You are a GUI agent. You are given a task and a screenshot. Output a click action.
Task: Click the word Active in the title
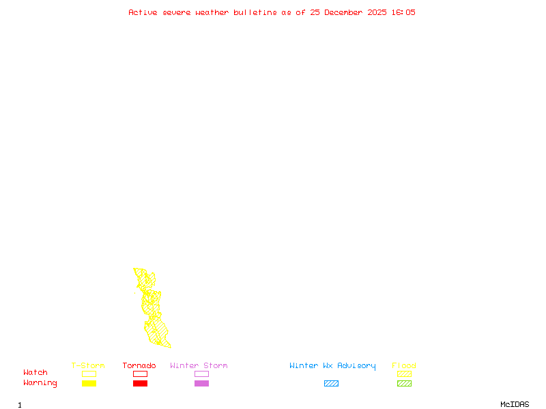pos(143,12)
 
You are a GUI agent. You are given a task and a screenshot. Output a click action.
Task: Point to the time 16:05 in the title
pos(402,12)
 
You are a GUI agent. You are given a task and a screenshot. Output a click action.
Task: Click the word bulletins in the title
pos(255,12)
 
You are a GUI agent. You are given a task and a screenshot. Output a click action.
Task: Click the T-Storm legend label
pos(88,366)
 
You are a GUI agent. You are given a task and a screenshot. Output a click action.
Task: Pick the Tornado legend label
pos(139,366)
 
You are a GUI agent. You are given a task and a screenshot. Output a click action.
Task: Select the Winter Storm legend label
pos(199,366)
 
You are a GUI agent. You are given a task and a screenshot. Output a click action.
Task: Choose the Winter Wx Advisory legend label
pos(332,366)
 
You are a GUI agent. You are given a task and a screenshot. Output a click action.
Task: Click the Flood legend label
pos(404,366)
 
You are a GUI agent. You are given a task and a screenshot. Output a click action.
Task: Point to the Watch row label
pos(35,373)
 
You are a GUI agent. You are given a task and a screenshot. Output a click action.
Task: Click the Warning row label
pos(40,383)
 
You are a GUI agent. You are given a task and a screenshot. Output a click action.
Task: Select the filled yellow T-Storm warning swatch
pos(89,384)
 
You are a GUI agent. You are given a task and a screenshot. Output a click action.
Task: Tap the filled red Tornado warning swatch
pos(140,384)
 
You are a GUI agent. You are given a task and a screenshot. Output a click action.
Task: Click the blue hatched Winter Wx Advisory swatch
pos(331,384)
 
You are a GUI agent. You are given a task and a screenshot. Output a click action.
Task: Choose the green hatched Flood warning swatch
pos(404,384)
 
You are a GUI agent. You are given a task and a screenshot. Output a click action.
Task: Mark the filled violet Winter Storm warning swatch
pos(201,384)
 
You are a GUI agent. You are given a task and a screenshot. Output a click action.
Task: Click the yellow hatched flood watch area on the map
pos(156,331)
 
